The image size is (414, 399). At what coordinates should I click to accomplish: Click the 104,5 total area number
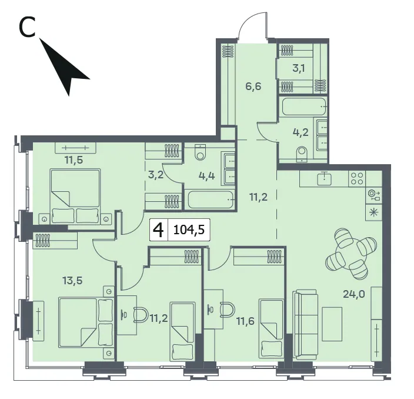point(189,230)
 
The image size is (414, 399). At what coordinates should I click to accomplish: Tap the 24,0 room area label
point(354,294)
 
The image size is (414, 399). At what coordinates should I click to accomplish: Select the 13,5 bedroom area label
point(72,280)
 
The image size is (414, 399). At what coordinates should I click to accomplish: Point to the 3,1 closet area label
point(299,68)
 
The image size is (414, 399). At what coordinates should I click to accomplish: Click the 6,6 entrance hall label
point(253,86)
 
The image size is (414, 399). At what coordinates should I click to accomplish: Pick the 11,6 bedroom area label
point(245,321)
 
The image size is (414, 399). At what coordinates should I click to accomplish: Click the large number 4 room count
point(159,230)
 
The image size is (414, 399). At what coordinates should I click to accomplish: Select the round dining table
point(351,254)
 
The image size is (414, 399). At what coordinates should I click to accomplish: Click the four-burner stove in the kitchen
point(357,178)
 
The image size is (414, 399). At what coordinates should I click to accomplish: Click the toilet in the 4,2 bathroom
point(302,154)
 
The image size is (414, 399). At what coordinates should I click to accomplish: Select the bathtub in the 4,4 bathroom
point(210,199)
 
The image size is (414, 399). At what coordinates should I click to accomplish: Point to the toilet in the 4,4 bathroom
point(201,152)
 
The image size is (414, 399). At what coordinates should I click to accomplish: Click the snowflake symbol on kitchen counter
point(373,212)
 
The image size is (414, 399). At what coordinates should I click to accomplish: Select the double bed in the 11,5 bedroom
point(75,196)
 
